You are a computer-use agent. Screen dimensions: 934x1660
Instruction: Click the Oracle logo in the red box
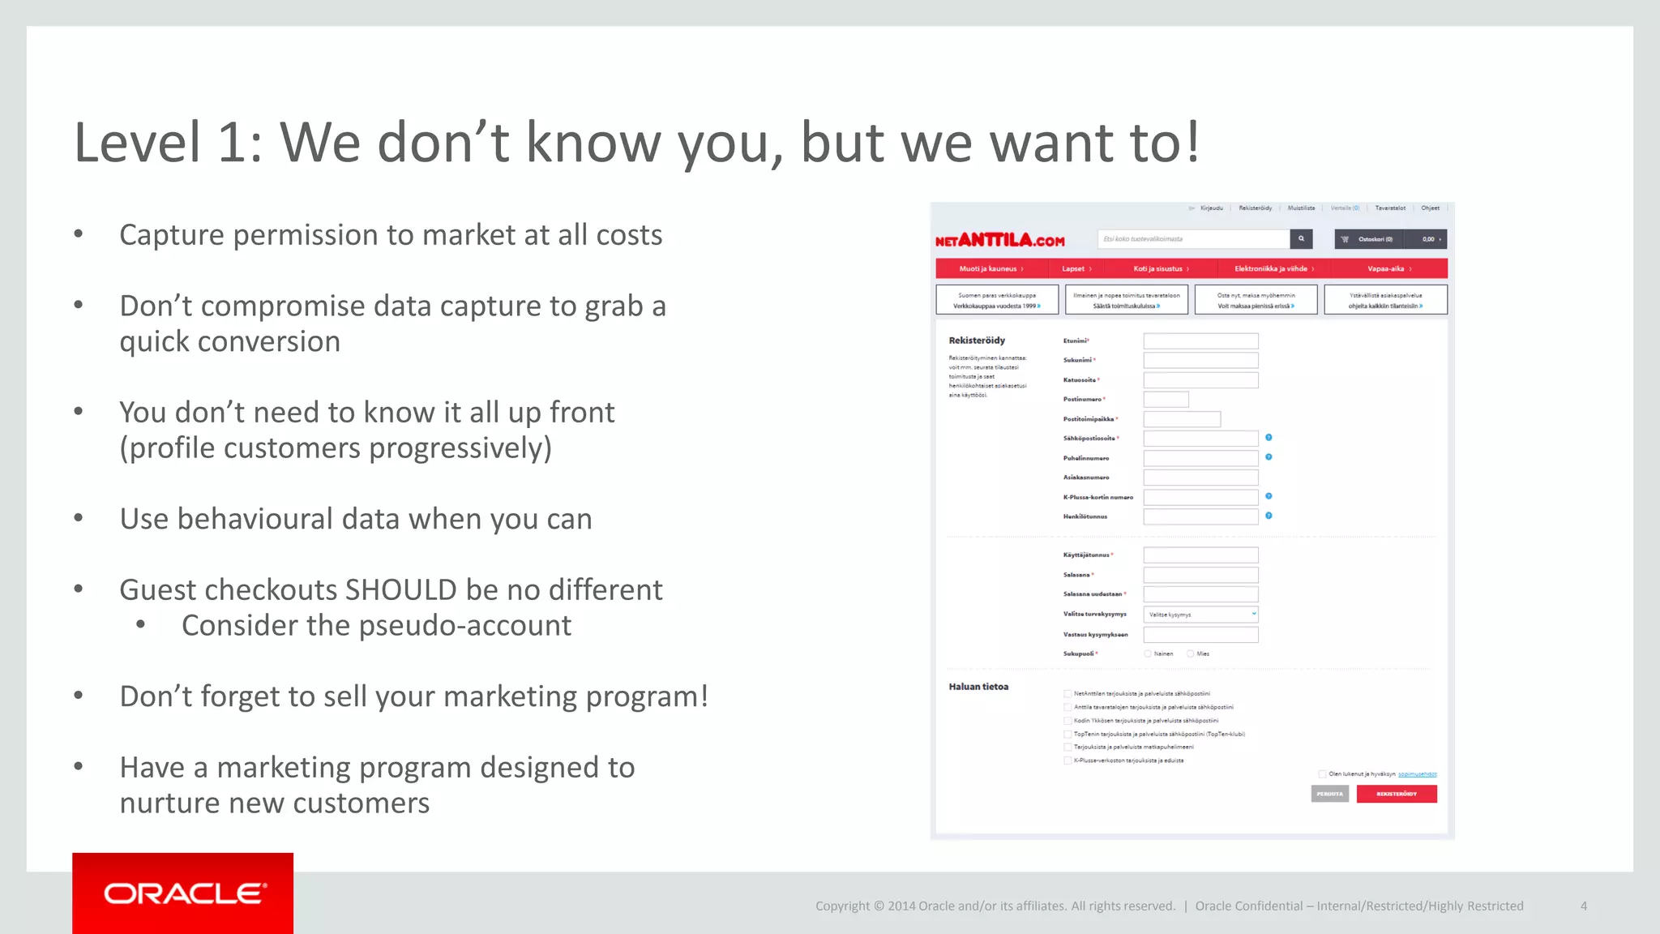point(184,893)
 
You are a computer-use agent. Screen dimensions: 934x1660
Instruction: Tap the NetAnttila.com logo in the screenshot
point(999,240)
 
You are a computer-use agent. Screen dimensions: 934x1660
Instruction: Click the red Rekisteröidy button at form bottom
point(1396,794)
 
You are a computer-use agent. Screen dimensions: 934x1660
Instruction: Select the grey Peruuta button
point(1329,794)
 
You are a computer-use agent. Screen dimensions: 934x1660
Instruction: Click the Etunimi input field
point(1200,341)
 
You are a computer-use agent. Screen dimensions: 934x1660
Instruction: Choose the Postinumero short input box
point(1166,400)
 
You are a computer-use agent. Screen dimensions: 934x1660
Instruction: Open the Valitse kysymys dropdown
point(1200,615)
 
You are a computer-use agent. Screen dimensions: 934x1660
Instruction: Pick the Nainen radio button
point(1148,653)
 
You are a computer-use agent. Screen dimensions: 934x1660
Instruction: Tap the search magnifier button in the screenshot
point(1301,239)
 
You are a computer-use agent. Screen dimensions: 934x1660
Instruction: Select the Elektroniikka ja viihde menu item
point(1273,269)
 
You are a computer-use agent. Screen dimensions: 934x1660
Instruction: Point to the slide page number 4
point(1583,906)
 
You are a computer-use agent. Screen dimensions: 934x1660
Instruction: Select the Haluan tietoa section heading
point(978,687)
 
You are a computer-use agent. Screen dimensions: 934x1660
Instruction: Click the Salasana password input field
point(1200,575)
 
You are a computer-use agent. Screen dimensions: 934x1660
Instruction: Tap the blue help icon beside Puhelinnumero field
point(1269,457)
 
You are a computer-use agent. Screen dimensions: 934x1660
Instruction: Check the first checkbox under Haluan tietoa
point(1067,694)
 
